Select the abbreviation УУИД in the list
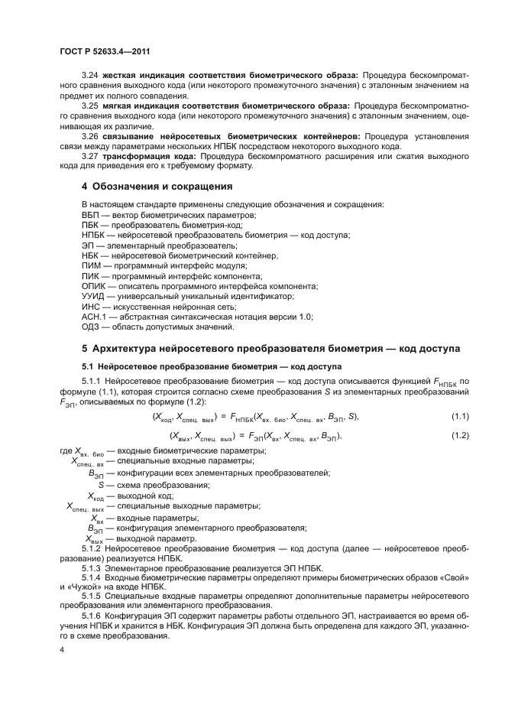[93, 295]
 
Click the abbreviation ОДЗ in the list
[91, 327]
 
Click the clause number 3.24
[90, 74]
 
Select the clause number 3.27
[90, 156]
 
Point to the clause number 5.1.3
[94, 567]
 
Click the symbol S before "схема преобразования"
[101, 485]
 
